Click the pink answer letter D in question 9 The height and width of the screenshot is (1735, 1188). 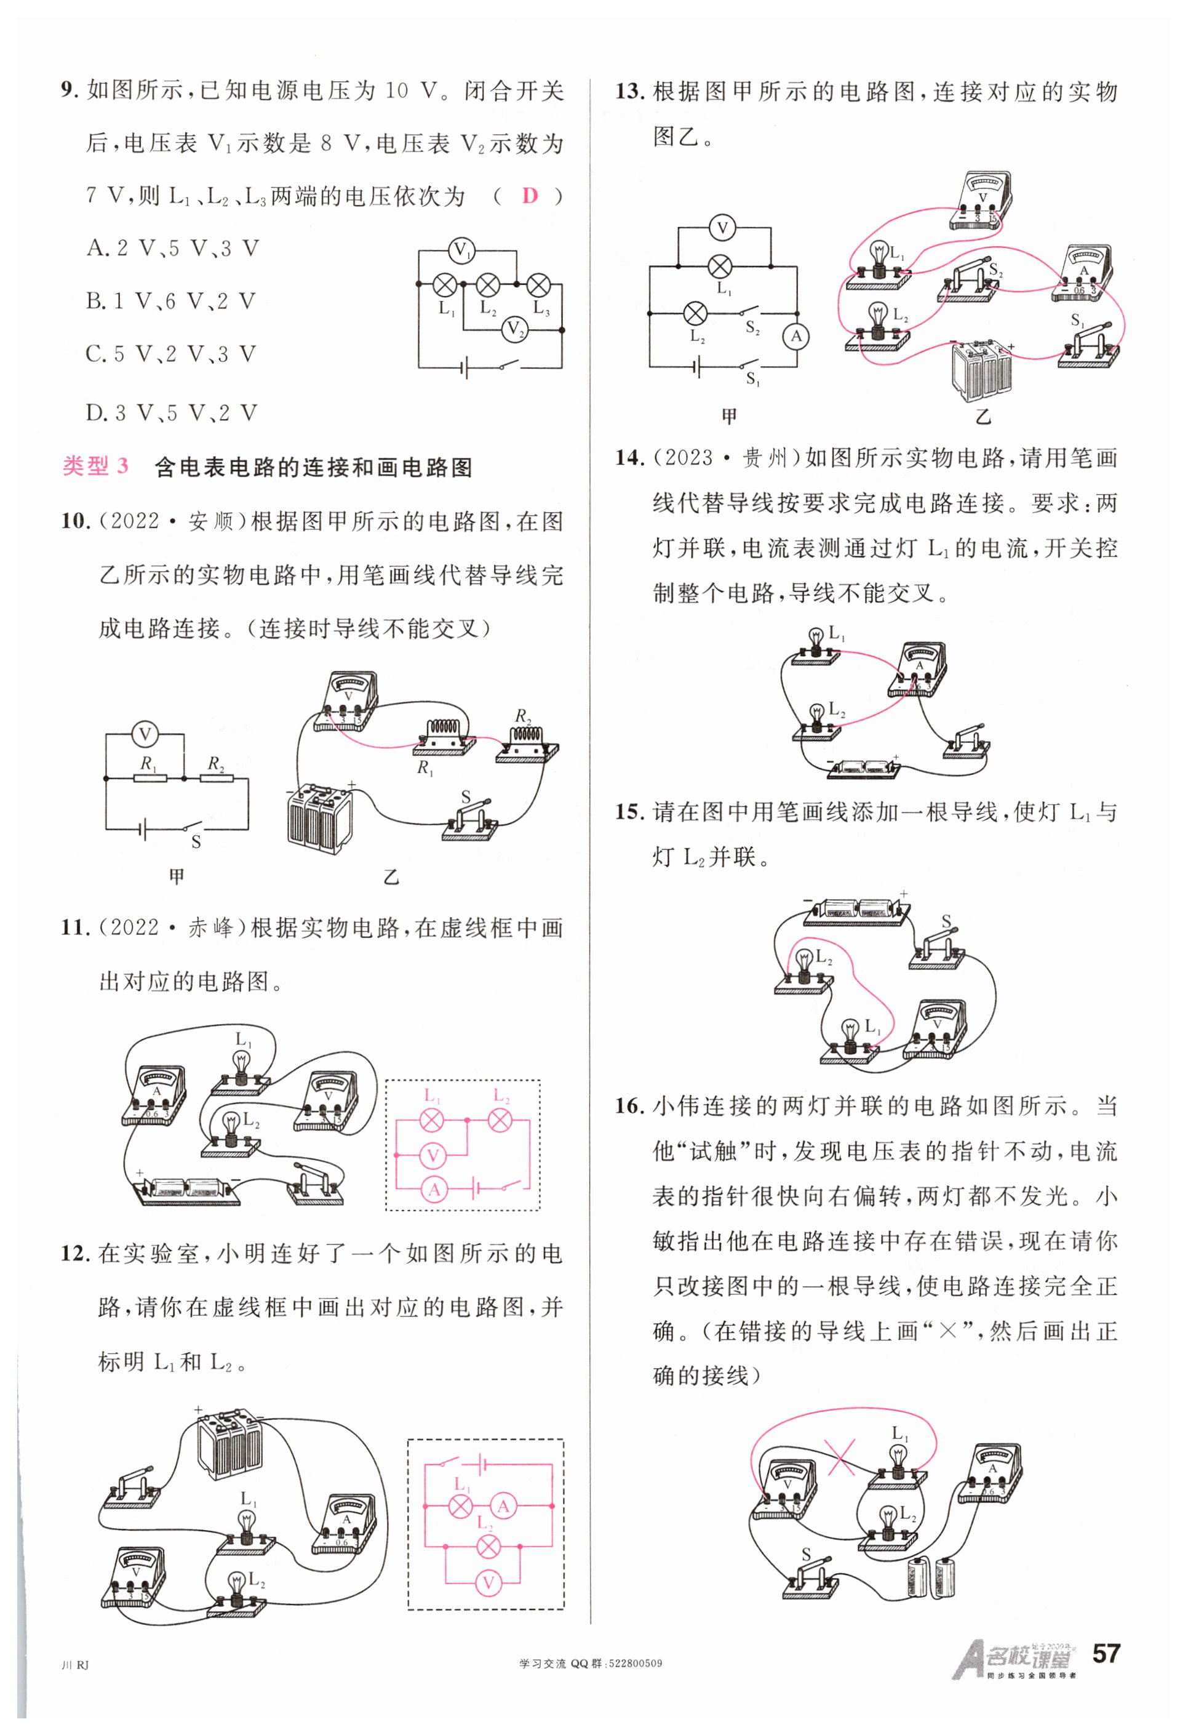tap(529, 196)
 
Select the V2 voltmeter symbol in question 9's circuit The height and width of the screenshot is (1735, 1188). tap(514, 329)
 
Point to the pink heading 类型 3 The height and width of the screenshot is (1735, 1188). tap(95, 466)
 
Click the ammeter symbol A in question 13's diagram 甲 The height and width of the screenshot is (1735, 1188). tap(796, 337)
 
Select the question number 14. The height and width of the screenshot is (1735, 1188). tap(629, 458)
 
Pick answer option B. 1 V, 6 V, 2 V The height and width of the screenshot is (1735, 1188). tap(171, 301)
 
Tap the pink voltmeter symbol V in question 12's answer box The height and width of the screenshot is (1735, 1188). tap(488, 1581)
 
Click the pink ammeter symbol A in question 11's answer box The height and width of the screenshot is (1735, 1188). tap(434, 1190)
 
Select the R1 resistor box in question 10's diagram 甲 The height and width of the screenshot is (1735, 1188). tap(151, 779)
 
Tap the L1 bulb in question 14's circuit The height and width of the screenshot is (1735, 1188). tap(816, 645)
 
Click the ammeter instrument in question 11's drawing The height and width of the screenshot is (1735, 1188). tap(154, 1094)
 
